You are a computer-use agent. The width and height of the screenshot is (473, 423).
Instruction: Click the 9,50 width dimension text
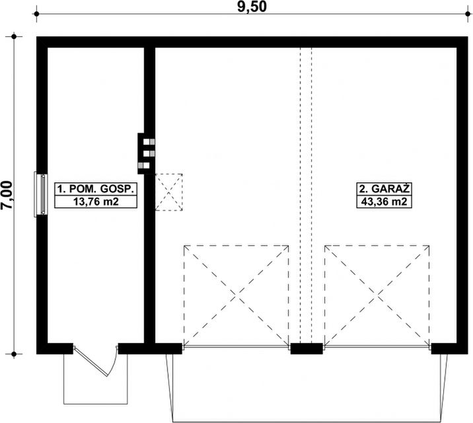coord(252,7)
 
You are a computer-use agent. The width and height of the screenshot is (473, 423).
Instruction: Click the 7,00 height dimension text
coord(7,195)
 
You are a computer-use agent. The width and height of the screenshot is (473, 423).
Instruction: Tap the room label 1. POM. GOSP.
coord(96,189)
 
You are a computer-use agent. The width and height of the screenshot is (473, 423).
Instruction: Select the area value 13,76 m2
coord(96,202)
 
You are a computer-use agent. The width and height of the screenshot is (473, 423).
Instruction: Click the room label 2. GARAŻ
coord(384,188)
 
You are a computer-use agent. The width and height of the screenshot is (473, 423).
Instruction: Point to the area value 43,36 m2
coord(384,202)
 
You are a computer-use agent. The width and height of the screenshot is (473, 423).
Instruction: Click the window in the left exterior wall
coord(41,194)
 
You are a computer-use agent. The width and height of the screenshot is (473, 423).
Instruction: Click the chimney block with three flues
coord(146,153)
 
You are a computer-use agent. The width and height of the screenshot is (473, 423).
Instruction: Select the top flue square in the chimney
coord(149,142)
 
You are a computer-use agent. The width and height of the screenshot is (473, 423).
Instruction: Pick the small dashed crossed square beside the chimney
coord(169,192)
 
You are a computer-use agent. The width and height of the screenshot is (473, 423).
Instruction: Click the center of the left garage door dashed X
coord(236,295)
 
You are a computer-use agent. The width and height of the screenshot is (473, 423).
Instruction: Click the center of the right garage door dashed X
coord(377,295)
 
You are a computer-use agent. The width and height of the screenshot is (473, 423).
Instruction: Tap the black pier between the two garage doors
coord(307,348)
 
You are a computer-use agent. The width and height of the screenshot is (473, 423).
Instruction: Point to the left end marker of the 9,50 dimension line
coord(36,14)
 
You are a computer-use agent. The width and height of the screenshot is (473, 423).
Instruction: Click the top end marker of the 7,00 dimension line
coord(14,37)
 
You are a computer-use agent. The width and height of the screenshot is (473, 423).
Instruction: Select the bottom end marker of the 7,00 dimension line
coord(14,354)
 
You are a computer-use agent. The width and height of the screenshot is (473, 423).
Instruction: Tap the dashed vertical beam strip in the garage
coord(306,196)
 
